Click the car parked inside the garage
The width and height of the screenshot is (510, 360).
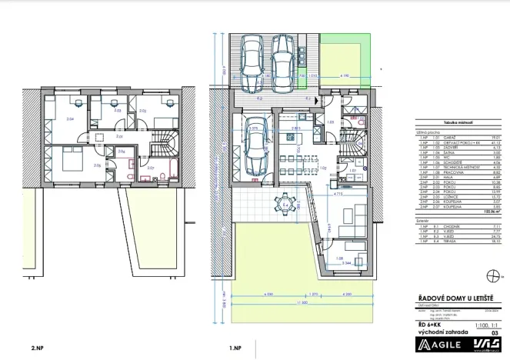[x=255, y=148]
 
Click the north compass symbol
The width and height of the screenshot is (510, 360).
[x=492, y=275]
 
